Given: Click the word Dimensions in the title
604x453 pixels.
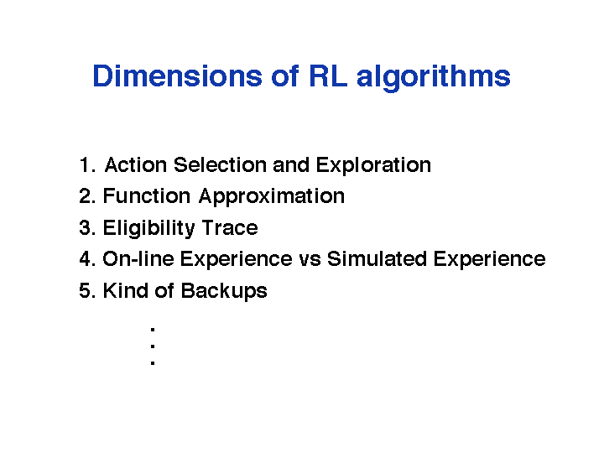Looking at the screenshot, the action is click(x=177, y=75).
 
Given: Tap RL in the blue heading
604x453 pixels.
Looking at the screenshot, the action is click(x=327, y=75).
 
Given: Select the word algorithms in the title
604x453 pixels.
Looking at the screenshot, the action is click(x=434, y=78).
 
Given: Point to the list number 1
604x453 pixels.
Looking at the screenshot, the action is click(x=86, y=165).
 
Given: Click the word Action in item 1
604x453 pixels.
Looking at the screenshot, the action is click(x=136, y=165).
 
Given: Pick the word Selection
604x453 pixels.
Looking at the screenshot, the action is click(x=220, y=165).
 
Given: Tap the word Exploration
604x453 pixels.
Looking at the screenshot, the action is click(x=373, y=166).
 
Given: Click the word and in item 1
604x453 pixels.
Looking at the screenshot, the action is click(x=291, y=165).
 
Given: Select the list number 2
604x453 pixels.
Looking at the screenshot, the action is click(x=87, y=196).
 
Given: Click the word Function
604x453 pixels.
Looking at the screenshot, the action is click(x=146, y=196).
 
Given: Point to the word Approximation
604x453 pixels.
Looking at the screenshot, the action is click(x=272, y=197).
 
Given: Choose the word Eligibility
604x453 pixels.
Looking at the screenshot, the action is click(x=148, y=229).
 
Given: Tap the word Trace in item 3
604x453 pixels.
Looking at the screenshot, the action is click(x=230, y=227).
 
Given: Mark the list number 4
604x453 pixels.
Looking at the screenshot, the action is click(x=87, y=259).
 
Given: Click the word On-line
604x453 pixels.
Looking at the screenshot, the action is click(x=138, y=259).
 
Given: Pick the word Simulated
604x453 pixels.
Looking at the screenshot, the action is click(x=377, y=259).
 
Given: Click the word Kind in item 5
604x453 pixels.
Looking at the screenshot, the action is click(x=125, y=290).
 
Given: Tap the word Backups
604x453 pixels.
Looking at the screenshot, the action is click(x=224, y=292).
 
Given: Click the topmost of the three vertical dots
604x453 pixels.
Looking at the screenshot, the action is click(x=153, y=330).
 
